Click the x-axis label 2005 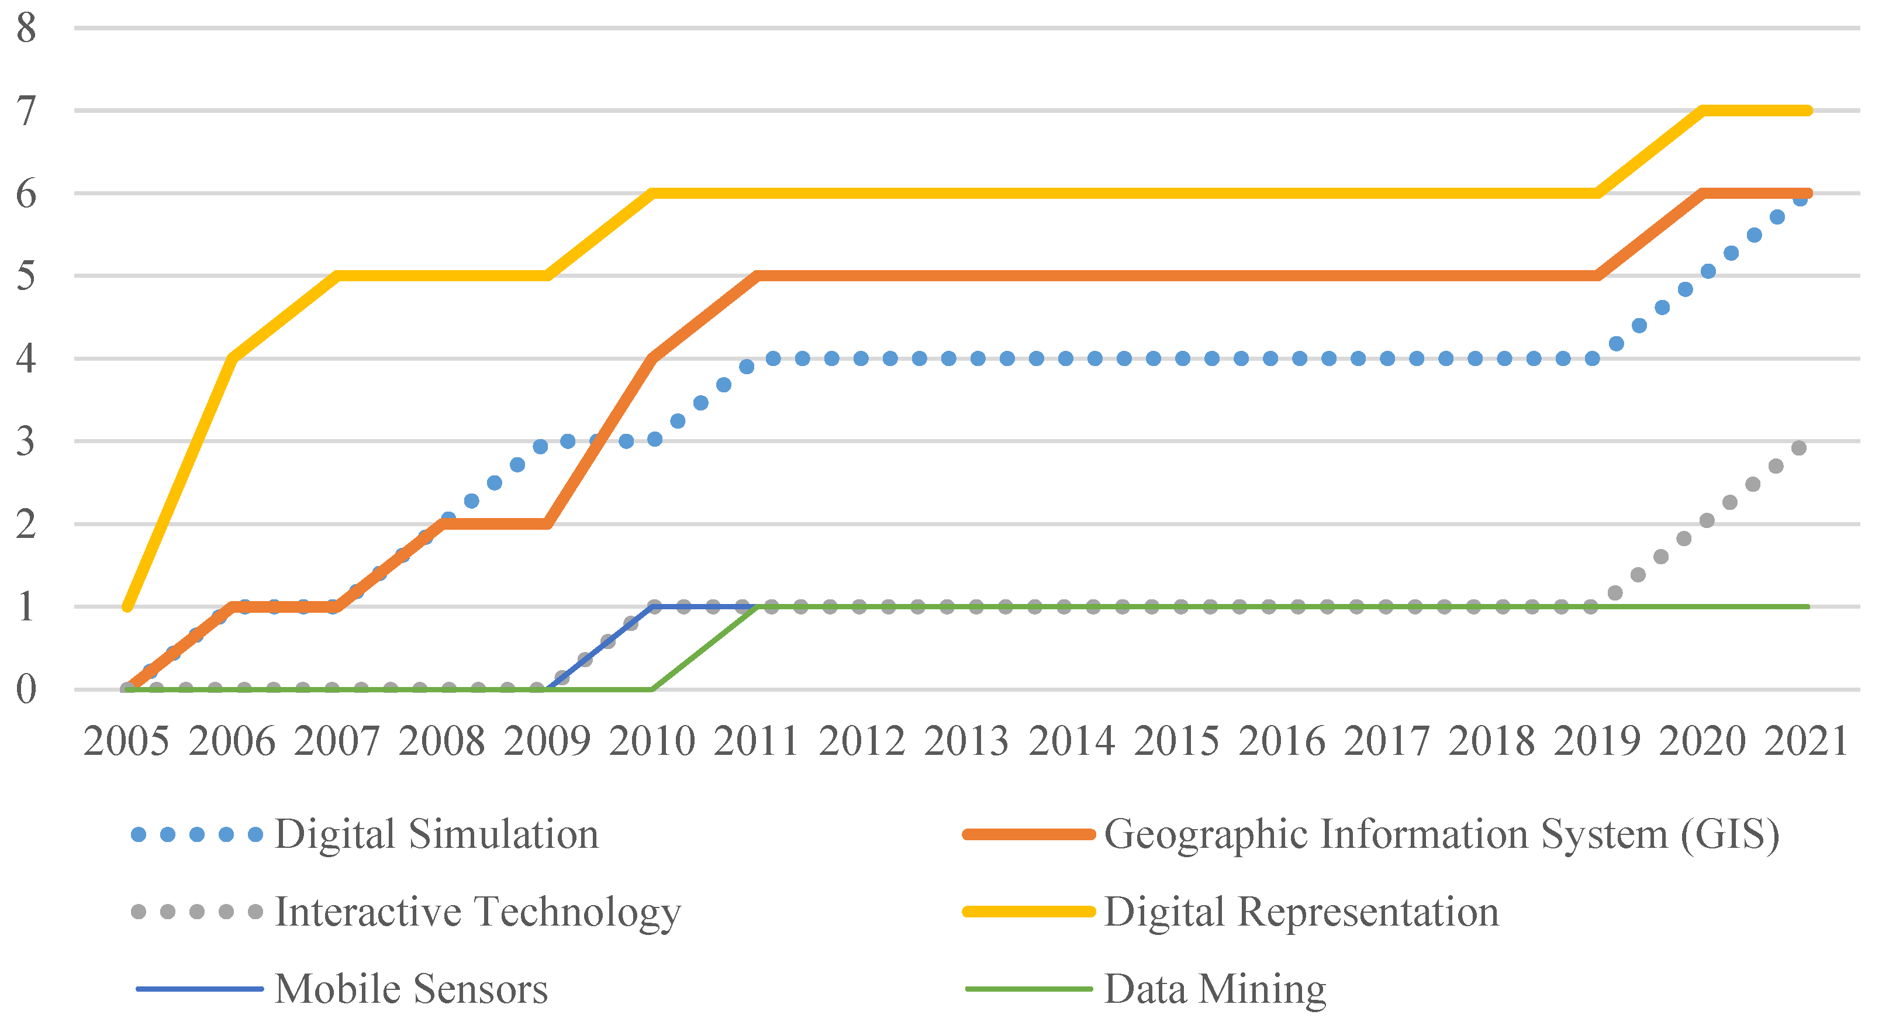point(126,741)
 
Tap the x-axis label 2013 point(966,741)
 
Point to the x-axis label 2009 point(547,741)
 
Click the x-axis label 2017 point(1387,741)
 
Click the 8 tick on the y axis point(26,29)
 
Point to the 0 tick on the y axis point(26,689)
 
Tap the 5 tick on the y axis point(26,276)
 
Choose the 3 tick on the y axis point(26,441)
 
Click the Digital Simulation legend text point(437,834)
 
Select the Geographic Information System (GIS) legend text point(1441,834)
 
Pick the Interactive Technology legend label point(478,911)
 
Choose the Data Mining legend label point(1215,989)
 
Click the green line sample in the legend point(1028,989)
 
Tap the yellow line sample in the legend point(1028,911)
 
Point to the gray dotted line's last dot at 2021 point(1800,448)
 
